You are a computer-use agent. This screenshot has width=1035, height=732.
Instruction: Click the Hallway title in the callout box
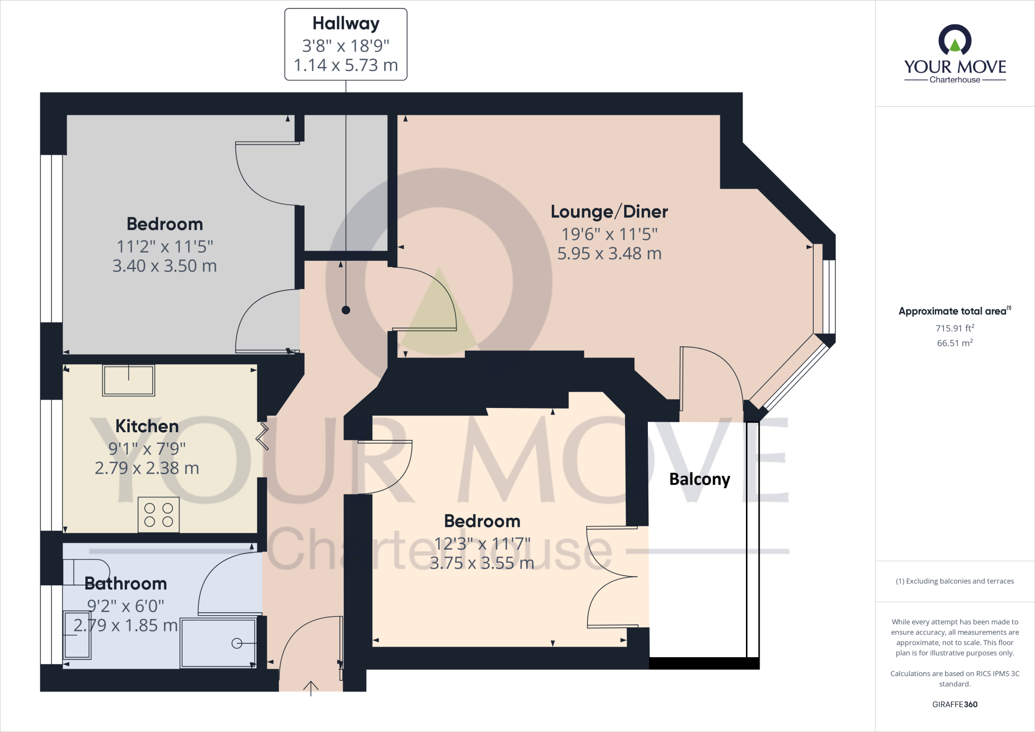346,24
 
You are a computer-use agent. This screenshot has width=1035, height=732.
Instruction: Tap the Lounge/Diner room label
609,212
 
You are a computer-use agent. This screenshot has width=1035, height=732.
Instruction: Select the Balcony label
699,479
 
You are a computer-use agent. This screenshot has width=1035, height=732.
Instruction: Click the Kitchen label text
147,426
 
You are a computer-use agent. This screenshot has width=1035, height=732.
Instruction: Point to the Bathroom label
126,584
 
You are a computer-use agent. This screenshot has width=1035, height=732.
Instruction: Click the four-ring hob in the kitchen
159,515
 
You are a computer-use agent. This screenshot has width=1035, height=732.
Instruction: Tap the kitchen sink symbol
128,380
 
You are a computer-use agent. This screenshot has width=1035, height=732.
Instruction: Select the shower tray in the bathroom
218,643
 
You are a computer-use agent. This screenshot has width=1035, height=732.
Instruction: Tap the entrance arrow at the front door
311,688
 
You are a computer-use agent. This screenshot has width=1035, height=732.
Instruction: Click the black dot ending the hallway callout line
346,310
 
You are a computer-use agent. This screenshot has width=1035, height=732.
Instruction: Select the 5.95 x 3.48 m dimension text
609,254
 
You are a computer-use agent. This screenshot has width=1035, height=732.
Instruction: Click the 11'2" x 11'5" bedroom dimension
165,247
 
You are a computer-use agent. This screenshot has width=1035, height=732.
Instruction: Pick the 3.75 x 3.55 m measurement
482,563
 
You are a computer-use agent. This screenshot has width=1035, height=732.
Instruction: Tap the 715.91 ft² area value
954,328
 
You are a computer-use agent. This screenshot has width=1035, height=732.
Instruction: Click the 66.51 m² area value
954,343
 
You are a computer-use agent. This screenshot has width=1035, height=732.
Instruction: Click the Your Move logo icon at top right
955,40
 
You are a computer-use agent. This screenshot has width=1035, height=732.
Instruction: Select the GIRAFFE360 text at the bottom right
954,704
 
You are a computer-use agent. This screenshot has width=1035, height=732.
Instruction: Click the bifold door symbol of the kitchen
263,437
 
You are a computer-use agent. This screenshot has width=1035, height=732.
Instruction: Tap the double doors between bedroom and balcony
611,577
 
